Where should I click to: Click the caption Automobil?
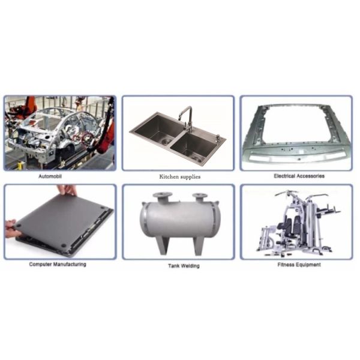[x=50, y=176]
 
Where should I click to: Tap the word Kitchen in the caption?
[x=169, y=177]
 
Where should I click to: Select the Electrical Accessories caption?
[x=299, y=176]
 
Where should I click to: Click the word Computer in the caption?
[x=40, y=264]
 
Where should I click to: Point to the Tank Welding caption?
[x=184, y=266]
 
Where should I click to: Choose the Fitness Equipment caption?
[x=299, y=265]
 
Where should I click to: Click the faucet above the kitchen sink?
[x=187, y=119]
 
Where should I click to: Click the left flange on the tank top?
[x=163, y=197]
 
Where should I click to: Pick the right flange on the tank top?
[x=200, y=197]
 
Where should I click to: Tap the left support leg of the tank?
[x=163, y=245]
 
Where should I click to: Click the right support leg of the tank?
[x=199, y=245]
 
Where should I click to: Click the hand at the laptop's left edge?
[x=12, y=229]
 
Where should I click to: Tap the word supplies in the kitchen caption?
[x=190, y=177]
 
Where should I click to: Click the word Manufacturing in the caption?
[x=70, y=264]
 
